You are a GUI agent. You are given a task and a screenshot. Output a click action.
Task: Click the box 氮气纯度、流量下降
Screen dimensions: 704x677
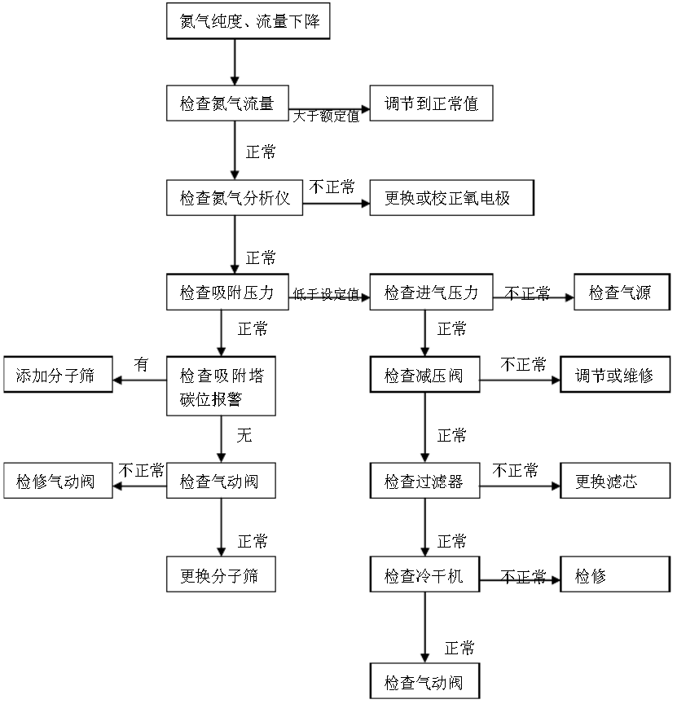coord(248,21)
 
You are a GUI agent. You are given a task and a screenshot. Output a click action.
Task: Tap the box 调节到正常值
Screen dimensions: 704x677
coord(431,104)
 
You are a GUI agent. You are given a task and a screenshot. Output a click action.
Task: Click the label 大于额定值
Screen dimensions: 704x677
coord(326,117)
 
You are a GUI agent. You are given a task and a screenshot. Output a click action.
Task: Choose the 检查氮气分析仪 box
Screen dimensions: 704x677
coord(235,198)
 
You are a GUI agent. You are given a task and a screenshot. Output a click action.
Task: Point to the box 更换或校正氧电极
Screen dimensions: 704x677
coord(452,198)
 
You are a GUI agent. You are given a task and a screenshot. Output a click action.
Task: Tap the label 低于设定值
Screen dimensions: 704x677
coord(326,295)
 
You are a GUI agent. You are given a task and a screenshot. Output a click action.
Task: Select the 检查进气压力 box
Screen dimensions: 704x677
coord(431,292)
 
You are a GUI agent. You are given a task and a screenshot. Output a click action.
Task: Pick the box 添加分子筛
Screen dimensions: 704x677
coord(58,376)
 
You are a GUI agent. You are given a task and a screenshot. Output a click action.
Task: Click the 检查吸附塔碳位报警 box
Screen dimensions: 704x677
coord(222,386)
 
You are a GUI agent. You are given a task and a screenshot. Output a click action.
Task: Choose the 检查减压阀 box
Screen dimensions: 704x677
coord(424,376)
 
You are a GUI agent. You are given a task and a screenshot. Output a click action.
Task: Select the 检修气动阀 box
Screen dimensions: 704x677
coord(58,482)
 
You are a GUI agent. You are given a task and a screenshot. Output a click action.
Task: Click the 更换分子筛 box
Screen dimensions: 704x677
coord(221,574)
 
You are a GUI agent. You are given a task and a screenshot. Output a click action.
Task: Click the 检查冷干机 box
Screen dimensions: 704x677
coord(424,576)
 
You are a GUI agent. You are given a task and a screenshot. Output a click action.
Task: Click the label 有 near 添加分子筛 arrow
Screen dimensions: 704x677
coord(141,365)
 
